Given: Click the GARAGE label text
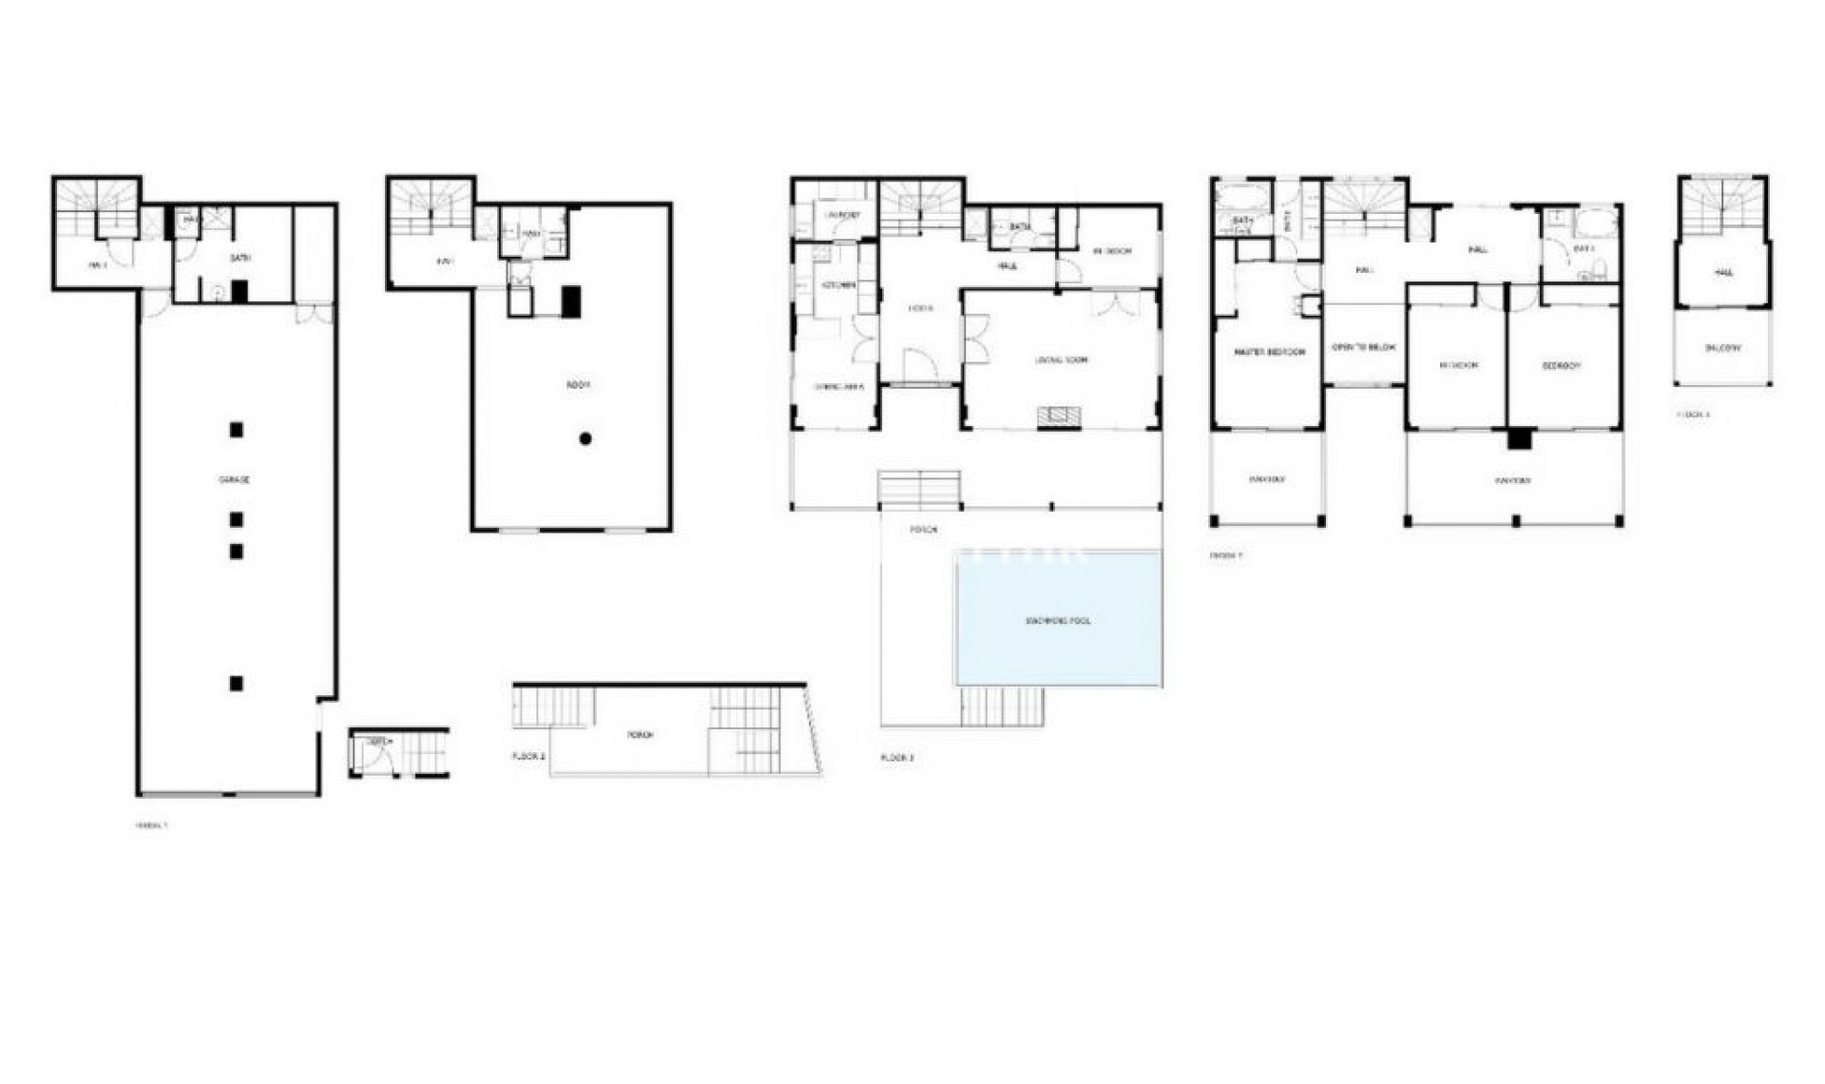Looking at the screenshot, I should pos(234,480).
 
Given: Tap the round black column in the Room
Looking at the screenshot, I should pos(586,438).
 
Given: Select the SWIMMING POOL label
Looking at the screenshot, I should pos(1059,620).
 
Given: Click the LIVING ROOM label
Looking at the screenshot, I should pos(1061,360).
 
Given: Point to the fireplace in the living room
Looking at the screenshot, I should pos(1058,416).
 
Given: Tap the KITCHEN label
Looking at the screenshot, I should pos(837,284).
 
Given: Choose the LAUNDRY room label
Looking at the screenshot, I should pos(840,216).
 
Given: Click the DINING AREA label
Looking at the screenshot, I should pos(838,387).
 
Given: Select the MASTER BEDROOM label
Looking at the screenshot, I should pos(1269,352).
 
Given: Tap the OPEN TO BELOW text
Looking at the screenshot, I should pos(1363,347).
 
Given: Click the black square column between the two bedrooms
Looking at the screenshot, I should pos(1520,438).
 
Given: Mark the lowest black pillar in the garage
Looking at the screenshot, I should pos(236,683).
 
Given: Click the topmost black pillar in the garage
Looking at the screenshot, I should pos(236,430).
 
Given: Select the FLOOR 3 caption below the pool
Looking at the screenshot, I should pos(896,758).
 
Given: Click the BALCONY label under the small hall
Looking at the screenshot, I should pos(1722,349).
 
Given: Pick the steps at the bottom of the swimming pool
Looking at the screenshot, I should pos(1002,706).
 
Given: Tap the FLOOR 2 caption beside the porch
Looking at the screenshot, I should pos(528,756).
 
